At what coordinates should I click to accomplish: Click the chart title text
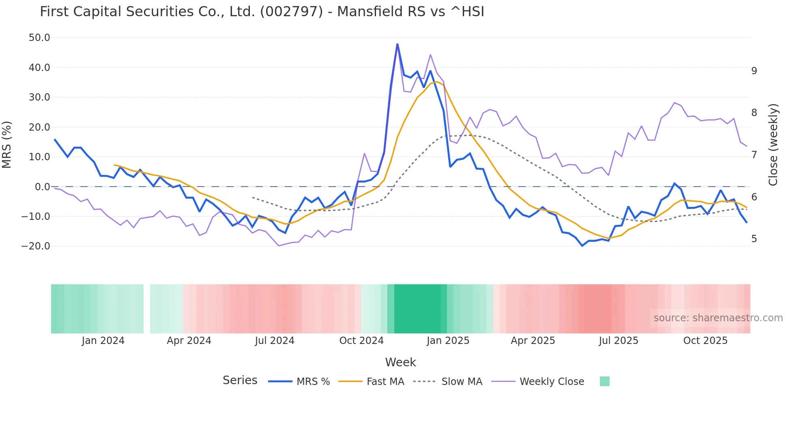pyautogui.click(x=262, y=12)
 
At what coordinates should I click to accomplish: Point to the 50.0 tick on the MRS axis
pyautogui.click(x=39, y=38)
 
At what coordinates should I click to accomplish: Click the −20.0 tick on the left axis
pyautogui.click(x=36, y=246)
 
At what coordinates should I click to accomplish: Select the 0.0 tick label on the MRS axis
pyautogui.click(x=42, y=187)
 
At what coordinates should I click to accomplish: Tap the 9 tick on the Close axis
pyautogui.click(x=754, y=71)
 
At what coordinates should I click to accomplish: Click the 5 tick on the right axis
pyautogui.click(x=754, y=239)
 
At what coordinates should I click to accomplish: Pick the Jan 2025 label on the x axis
pyautogui.click(x=448, y=341)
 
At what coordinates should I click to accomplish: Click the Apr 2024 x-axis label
pyautogui.click(x=189, y=341)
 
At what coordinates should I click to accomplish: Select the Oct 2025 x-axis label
pyautogui.click(x=705, y=341)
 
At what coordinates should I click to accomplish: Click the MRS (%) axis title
pyautogui.click(x=7, y=144)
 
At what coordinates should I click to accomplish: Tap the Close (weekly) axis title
pyautogui.click(x=773, y=144)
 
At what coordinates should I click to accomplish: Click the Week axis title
pyautogui.click(x=400, y=362)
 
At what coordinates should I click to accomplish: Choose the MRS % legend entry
pyautogui.click(x=299, y=382)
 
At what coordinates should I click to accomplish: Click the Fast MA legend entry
pyautogui.click(x=372, y=382)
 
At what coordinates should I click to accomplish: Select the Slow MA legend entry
pyautogui.click(x=448, y=382)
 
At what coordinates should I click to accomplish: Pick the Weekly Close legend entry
pyautogui.click(x=538, y=382)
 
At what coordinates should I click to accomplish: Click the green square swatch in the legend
pyautogui.click(x=604, y=381)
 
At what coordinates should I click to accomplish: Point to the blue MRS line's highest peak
pyautogui.click(x=397, y=44)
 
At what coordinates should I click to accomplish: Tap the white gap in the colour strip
pyautogui.click(x=147, y=309)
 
